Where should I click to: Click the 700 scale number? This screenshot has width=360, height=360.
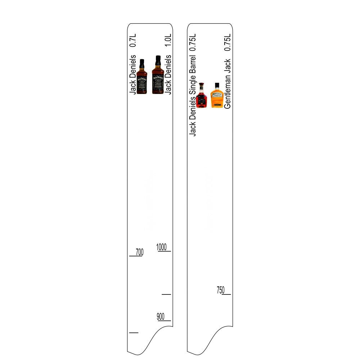[139, 252]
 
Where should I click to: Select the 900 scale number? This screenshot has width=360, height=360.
[161, 317]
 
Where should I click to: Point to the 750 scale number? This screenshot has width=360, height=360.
[221, 290]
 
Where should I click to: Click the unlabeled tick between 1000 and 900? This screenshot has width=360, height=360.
[166, 294]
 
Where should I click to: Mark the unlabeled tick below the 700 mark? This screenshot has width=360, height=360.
[134, 332]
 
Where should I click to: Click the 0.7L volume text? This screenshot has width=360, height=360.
[133, 40]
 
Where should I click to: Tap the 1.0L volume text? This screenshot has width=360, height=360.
[168, 40]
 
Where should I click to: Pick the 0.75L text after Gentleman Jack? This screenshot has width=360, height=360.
[227, 42]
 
